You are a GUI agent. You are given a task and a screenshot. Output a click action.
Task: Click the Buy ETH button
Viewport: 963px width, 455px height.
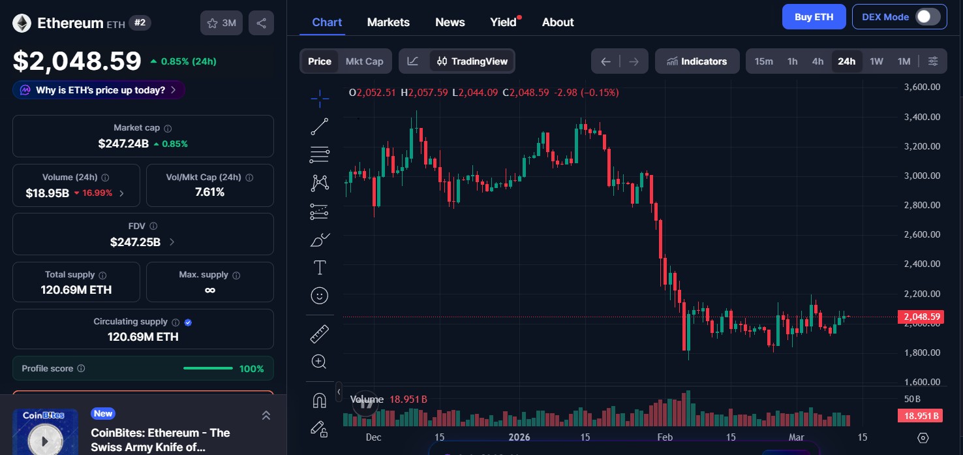pos(814,17)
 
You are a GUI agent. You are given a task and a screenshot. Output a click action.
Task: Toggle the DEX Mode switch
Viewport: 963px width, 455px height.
pos(927,17)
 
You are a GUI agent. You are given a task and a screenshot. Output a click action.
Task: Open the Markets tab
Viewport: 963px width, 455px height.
pos(388,22)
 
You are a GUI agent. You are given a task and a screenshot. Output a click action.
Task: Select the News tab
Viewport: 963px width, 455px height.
pos(450,22)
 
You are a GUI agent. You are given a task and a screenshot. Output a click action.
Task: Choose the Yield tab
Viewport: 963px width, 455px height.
pos(503,22)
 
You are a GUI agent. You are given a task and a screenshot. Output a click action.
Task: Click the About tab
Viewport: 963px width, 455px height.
pos(558,22)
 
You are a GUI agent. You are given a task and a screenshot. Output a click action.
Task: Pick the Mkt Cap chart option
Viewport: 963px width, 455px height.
pos(364,61)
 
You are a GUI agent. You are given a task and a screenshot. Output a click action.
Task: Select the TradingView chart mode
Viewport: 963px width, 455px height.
pos(472,61)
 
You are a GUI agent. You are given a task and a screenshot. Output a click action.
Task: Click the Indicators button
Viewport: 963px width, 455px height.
pos(697,61)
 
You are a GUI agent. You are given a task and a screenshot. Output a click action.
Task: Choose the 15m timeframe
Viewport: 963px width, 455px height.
pos(763,61)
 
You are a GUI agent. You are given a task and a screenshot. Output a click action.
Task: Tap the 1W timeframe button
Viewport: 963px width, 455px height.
pos(876,61)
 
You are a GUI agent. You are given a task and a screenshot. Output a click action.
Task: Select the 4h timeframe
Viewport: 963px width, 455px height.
pos(818,61)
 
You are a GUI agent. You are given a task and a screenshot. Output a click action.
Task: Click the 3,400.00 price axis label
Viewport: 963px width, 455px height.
pos(922,117)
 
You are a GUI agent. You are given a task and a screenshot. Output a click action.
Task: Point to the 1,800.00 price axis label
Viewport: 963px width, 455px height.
pos(922,353)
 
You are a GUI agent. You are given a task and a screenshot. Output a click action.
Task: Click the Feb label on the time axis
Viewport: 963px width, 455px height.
pos(665,437)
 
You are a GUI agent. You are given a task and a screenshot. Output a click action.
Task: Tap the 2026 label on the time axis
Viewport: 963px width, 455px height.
pos(519,437)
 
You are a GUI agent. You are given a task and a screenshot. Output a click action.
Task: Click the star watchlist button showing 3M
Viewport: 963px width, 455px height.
pos(221,24)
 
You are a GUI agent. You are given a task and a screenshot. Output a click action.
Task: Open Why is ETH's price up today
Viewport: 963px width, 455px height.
pos(99,90)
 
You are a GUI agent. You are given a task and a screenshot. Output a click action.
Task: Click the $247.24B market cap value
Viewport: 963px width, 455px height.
pos(123,144)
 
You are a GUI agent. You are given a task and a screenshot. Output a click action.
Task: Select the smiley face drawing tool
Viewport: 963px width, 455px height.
pos(319,296)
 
